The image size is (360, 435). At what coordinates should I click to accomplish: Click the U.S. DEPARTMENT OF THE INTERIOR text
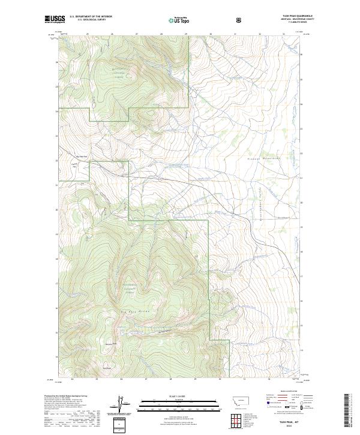pos(91,17)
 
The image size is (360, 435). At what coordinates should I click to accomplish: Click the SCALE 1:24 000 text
pos(170,397)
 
